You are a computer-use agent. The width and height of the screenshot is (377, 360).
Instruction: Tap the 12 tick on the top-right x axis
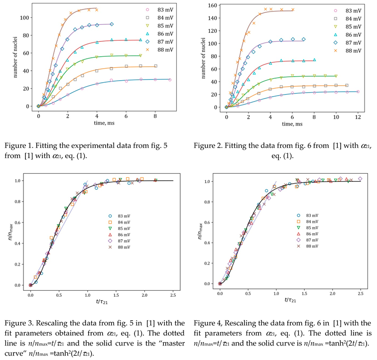click(358, 116)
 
